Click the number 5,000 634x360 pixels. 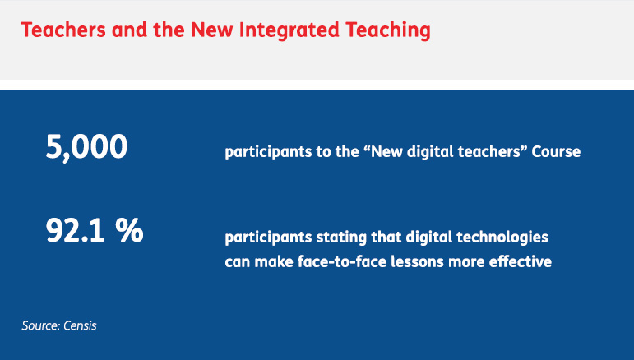(x=86, y=147)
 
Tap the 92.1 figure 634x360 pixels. (x=75, y=230)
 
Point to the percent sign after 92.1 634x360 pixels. (x=129, y=230)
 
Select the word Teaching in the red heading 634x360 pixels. (x=388, y=30)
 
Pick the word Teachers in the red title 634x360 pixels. (x=63, y=30)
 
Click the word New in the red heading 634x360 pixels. (x=212, y=30)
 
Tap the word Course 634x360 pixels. (x=556, y=151)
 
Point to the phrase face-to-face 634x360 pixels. (x=342, y=261)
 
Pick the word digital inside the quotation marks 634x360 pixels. (x=430, y=152)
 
